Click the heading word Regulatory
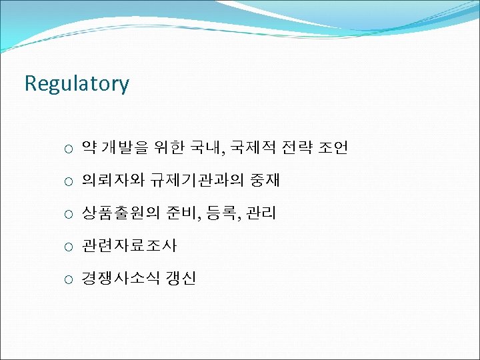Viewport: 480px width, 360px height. pos(77,84)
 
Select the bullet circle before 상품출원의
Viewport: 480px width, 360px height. pos(69,215)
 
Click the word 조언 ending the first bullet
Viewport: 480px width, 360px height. pos(333,148)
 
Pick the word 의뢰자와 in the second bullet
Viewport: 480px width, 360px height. pos(109,181)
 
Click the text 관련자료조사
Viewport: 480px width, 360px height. pos(129,247)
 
